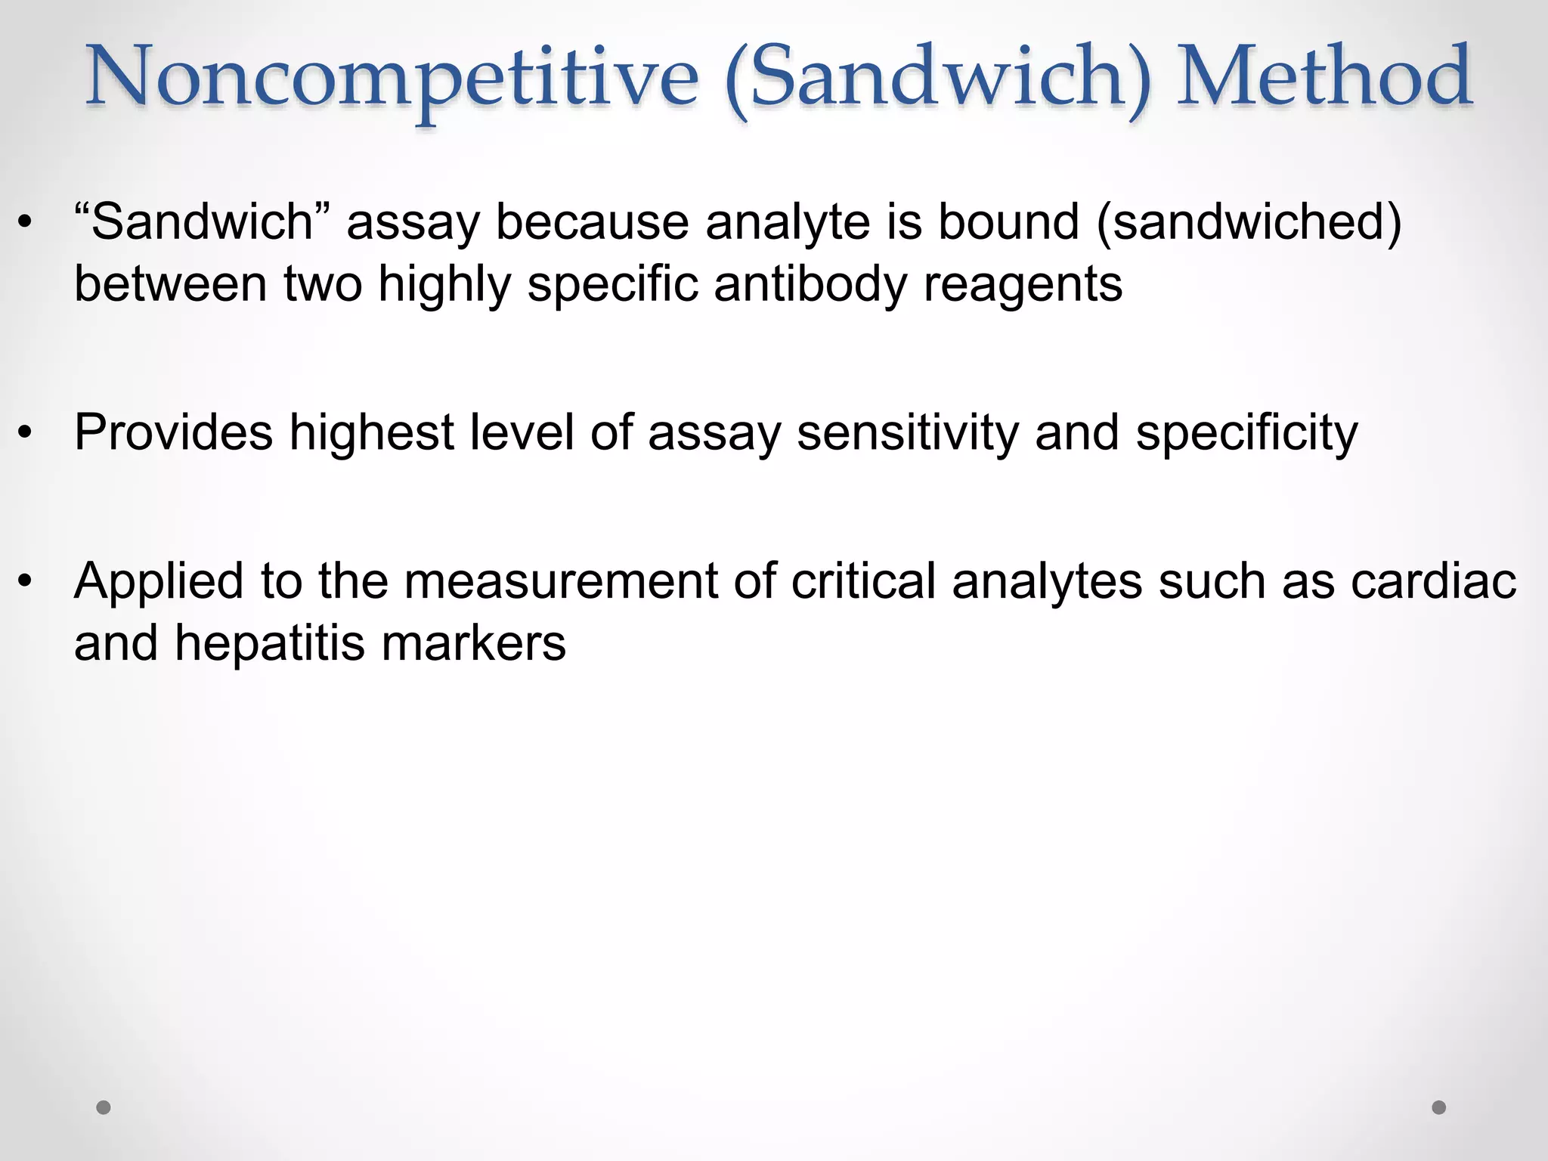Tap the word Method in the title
[1324, 76]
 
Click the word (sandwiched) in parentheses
[1249, 222]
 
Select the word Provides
[173, 433]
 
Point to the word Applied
[159, 583]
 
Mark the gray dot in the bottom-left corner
[104, 1107]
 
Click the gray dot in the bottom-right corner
[1439, 1107]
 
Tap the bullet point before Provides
[26, 433]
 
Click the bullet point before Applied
[26, 581]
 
